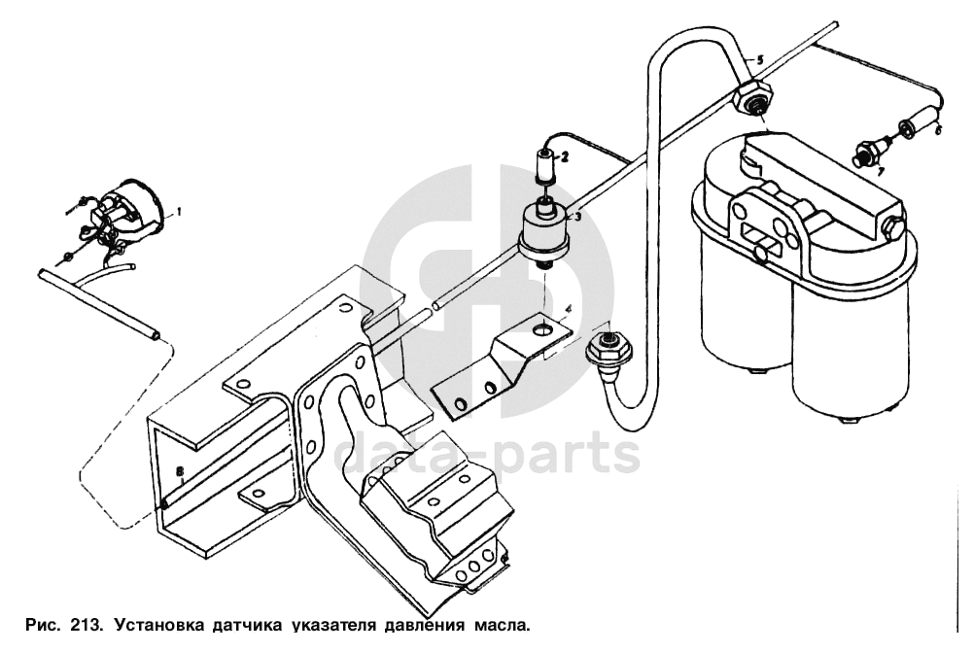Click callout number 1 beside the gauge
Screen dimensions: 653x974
[x=178, y=210]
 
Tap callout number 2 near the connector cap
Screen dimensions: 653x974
[x=564, y=155]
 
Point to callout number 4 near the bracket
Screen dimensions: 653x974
[x=570, y=311]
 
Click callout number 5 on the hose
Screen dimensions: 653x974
[x=759, y=59]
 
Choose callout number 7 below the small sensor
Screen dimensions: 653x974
[x=880, y=171]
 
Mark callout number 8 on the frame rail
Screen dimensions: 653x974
[x=179, y=471]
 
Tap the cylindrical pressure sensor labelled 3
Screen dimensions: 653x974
[x=542, y=233]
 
